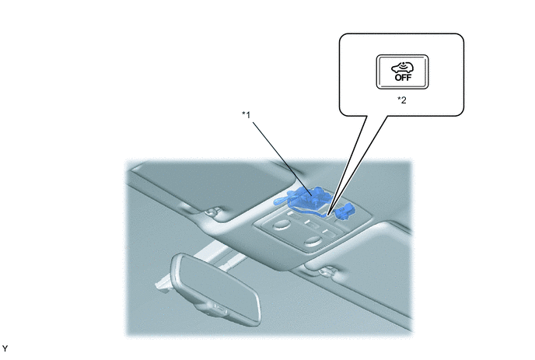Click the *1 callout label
point(246,115)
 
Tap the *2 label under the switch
point(402,100)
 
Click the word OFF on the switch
point(403,78)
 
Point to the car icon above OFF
point(403,68)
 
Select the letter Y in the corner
point(5,349)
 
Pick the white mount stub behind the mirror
point(163,285)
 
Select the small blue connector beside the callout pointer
point(344,211)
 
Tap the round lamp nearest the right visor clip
point(312,243)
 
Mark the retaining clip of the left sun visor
point(212,212)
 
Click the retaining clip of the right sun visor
point(326,271)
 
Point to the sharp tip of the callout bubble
point(327,215)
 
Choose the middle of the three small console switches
point(312,225)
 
